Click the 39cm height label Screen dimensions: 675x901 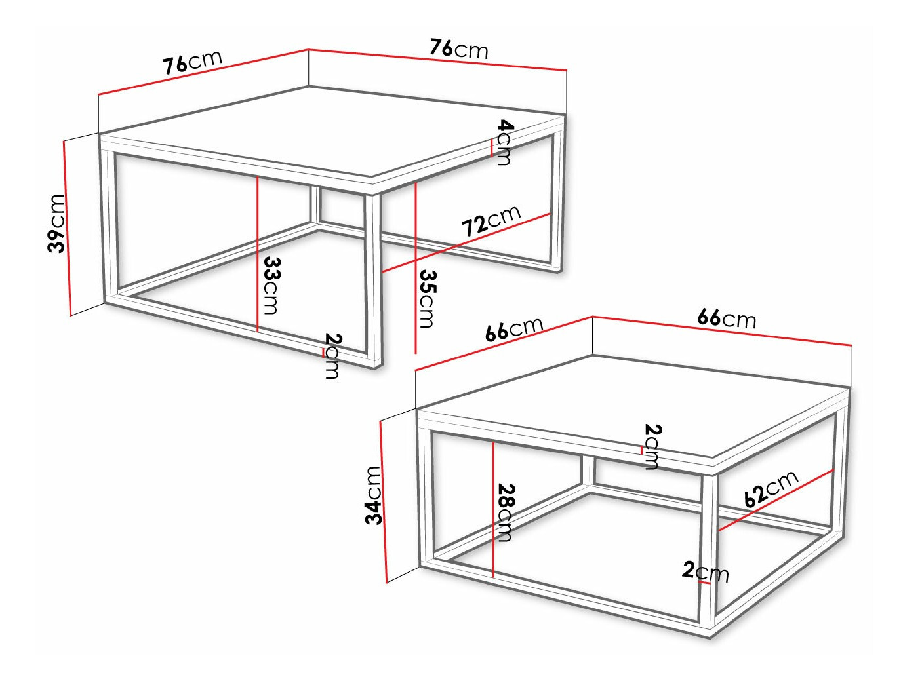[x=56, y=223]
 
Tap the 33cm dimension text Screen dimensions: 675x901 [x=271, y=285]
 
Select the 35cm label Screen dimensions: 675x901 [x=428, y=298]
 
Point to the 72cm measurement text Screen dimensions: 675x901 [x=491, y=220]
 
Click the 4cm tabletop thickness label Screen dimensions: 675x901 [x=504, y=142]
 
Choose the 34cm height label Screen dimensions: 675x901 [x=373, y=495]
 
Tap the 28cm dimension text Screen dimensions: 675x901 [x=506, y=512]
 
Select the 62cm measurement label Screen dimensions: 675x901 [x=771, y=488]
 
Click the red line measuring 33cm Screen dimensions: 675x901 [x=258, y=256]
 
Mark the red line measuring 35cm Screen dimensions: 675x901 [x=416, y=269]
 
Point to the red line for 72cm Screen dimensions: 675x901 [x=466, y=242]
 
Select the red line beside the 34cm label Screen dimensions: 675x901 [x=384, y=501]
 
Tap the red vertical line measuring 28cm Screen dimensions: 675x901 [x=493, y=508]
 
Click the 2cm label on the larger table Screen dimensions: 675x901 [x=333, y=356]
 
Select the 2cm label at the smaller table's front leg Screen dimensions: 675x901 [x=706, y=571]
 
